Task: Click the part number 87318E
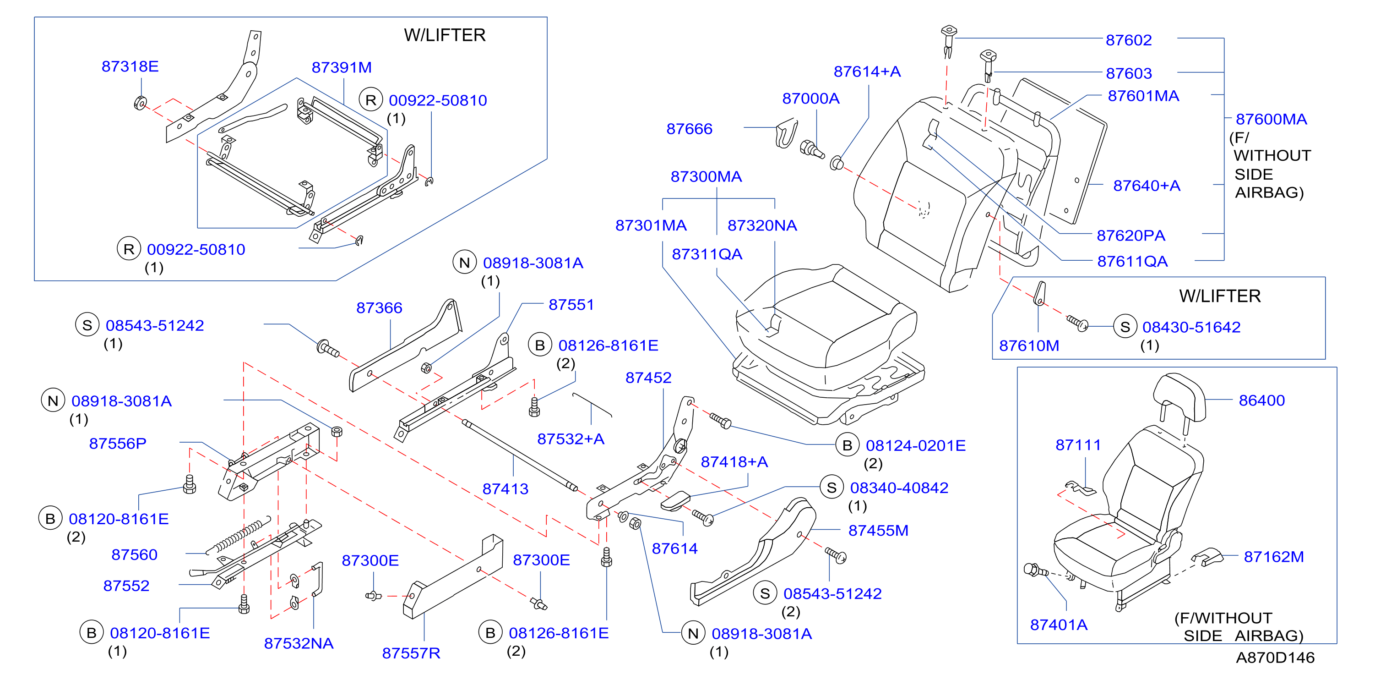pos(130,66)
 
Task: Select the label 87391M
pos(342,67)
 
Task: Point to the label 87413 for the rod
pos(505,489)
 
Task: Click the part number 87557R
pos(411,653)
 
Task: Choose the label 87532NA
pos(299,643)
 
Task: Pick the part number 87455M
pos(878,531)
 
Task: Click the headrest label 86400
pos(1261,400)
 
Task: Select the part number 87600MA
pos(1271,119)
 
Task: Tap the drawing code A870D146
pos(1275,658)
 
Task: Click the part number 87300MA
pos(706,176)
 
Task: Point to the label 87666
pos(689,129)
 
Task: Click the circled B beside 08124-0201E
pos(847,445)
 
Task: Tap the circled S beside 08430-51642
pos(1125,327)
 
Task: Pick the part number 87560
pos(134,554)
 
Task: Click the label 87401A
pos(1059,625)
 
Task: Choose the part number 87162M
pos(1274,557)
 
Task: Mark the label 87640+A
pos(1147,186)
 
